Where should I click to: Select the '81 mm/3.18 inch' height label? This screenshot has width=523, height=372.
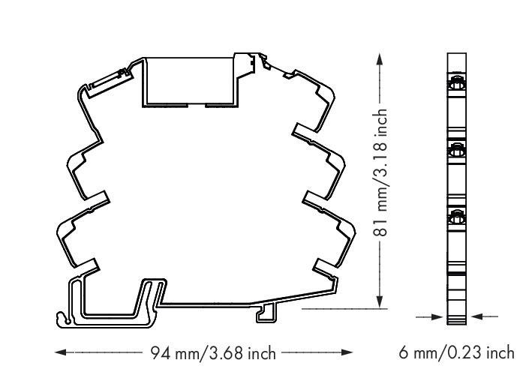(382, 180)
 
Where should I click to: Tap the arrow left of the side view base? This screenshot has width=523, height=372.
(438, 318)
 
